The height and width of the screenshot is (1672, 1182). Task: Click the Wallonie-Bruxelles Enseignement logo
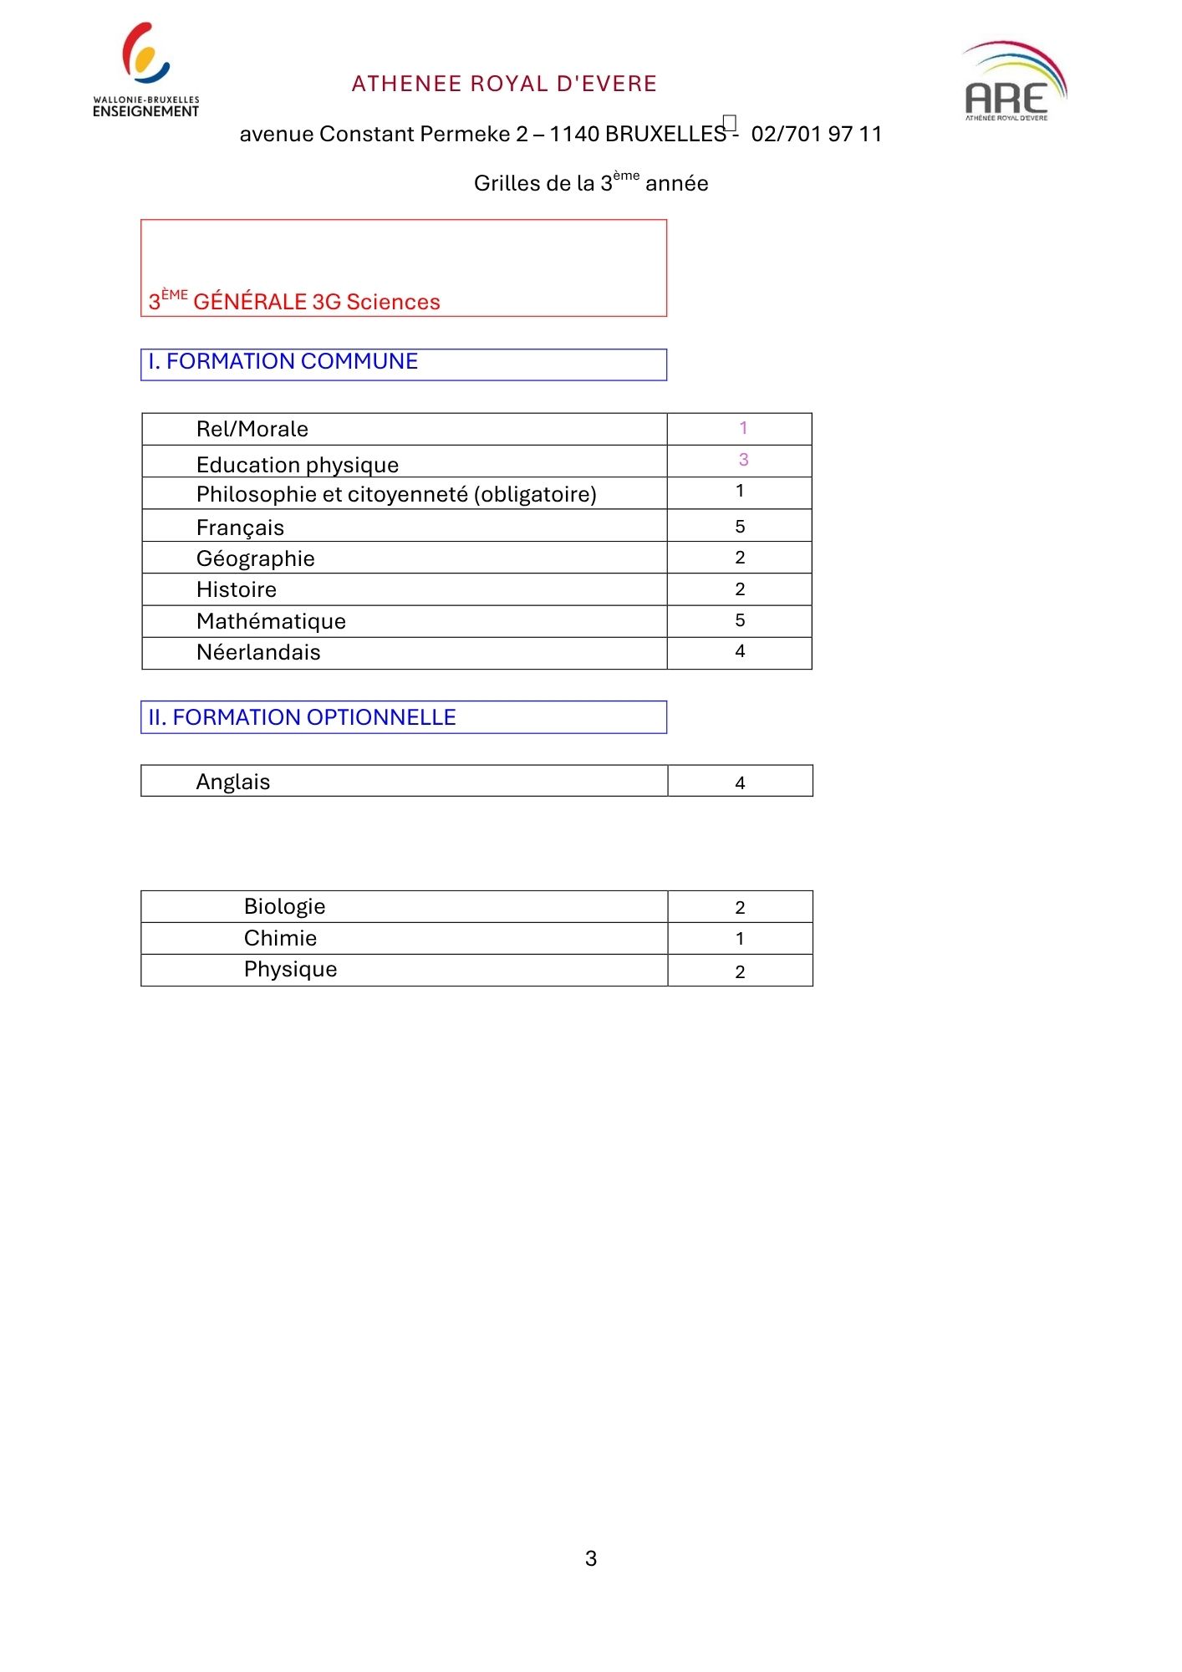pos(146,71)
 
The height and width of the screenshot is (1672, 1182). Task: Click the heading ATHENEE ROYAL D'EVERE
pos(504,84)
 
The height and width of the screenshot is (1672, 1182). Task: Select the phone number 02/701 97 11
pos(816,134)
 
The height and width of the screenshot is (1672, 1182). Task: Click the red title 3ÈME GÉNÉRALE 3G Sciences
pos(294,301)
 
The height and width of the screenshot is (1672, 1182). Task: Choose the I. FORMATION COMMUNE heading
pos(283,361)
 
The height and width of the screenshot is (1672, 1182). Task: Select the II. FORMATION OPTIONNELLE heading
pos(302,717)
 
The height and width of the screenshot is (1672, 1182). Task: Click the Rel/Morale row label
pos(252,429)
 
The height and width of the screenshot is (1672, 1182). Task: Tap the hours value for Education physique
pos(743,460)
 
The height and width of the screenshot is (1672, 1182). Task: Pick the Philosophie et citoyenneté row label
pos(396,494)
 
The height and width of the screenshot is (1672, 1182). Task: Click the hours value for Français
pos(740,527)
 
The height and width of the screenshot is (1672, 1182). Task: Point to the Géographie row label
pos(256,558)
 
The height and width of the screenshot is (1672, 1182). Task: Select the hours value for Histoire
pos(740,589)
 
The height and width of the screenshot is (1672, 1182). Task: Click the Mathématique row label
pos(271,621)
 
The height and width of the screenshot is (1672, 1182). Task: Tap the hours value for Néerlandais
pos(740,651)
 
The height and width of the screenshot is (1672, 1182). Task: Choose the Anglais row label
pos(233,782)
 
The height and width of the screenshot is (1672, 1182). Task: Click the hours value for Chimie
pos(740,939)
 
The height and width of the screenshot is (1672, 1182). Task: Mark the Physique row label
pos(291,969)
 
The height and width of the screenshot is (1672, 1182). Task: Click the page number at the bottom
pos(591,1558)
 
